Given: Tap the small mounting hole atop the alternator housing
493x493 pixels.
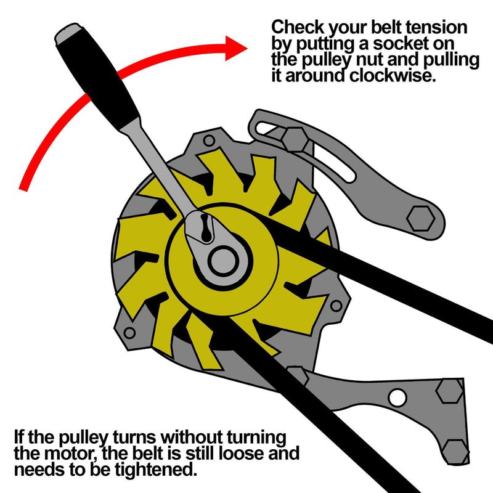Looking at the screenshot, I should click(210, 141).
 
